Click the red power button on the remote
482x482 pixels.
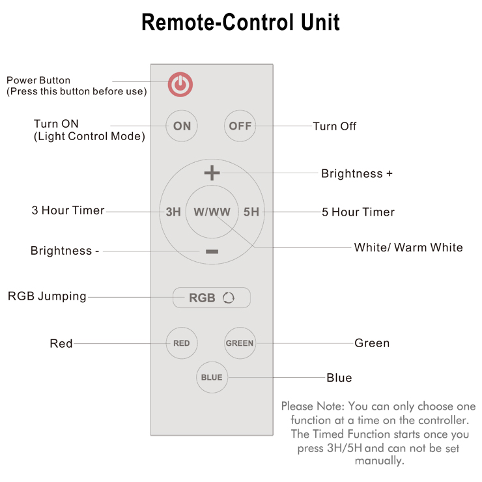point(182,84)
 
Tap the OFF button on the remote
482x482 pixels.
point(240,126)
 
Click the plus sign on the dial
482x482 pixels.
point(212,173)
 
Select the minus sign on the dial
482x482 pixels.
point(212,251)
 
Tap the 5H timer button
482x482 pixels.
point(251,212)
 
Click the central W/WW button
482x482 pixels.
point(212,212)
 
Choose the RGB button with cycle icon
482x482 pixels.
point(212,298)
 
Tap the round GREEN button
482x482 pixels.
point(240,343)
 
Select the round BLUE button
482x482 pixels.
point(212,377)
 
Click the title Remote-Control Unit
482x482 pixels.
point(240,23)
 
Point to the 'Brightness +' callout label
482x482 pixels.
point(356,174)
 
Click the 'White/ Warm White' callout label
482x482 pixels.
point(408,248)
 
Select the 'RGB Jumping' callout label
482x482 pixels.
point(47,296)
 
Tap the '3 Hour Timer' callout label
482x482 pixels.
point(68,211)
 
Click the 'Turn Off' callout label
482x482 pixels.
point(335,126)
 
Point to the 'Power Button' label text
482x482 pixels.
point(38,80)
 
